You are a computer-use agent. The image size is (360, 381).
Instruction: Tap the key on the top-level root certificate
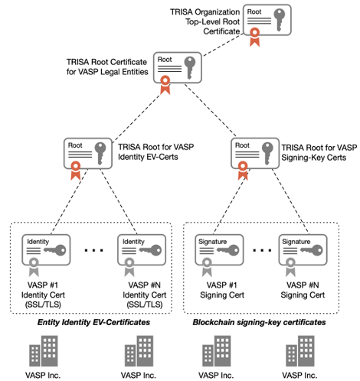click(280, 20)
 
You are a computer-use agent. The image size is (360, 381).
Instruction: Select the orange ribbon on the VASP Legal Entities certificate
click(165, 85)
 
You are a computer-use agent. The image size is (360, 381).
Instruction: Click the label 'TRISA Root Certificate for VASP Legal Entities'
click(107, 67)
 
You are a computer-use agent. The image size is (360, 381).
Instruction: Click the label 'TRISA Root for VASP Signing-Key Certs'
click(319, 152)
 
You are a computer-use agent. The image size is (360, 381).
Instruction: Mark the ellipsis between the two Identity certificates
click(94, 250)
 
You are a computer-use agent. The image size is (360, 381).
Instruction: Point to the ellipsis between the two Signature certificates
click(262, 250)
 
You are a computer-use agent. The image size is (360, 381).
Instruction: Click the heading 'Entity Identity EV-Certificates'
click(93, 322)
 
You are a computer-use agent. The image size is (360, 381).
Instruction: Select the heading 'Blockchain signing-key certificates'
click(259, 322)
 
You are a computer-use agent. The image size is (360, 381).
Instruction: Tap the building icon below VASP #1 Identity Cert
click(44, 351)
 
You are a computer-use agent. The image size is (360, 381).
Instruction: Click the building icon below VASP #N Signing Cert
click(300, 351)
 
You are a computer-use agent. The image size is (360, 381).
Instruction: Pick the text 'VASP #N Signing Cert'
click(303, 290)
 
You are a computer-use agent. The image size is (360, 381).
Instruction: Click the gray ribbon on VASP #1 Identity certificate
click(34, 267)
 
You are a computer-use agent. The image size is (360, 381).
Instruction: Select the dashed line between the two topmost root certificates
click(222, 45)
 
